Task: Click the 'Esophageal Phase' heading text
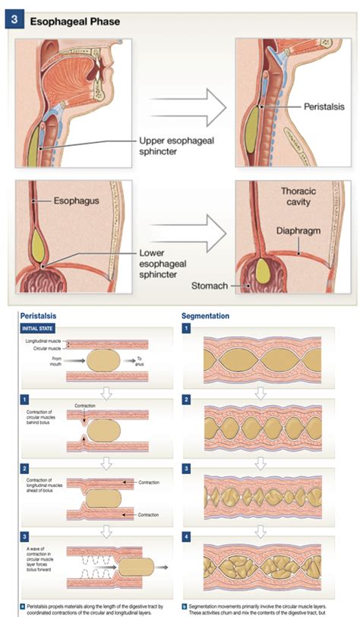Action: (x=74, y=21)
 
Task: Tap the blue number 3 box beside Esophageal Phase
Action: (x=15, y=20)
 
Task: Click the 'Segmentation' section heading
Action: (x=205, y=315)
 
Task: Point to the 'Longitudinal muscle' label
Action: (x=43, y=342)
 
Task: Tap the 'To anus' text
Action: (x=141, y=362)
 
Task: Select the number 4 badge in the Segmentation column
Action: (x=187, y=536)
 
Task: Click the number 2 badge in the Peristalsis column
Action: (x=25, y=469)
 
